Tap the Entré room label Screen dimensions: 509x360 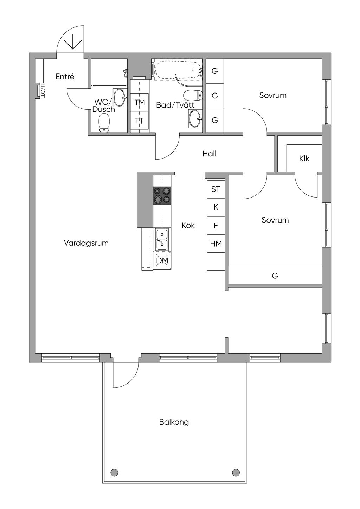(65, 77)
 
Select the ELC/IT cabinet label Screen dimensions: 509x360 (43, 91)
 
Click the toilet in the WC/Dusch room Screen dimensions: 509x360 (104, 124)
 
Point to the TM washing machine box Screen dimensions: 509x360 (140, 102)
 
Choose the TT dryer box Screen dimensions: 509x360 (140, 121)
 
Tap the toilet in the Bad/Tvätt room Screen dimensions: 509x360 (193, 95)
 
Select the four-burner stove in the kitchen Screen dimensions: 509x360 (162, 195)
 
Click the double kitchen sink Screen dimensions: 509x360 (162, 239)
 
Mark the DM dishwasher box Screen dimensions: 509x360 (162, 260)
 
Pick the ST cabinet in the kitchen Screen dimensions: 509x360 (216, 189)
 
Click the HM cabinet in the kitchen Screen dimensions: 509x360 (216, 244)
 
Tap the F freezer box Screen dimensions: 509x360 (216, 225)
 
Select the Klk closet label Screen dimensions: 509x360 (304, 159)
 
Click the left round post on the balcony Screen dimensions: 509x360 (114, 472)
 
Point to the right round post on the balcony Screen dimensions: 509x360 (236, 472)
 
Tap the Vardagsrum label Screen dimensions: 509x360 (86, 243)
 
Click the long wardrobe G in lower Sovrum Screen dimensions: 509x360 (275, 275)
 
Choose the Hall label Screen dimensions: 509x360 (209, 154)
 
